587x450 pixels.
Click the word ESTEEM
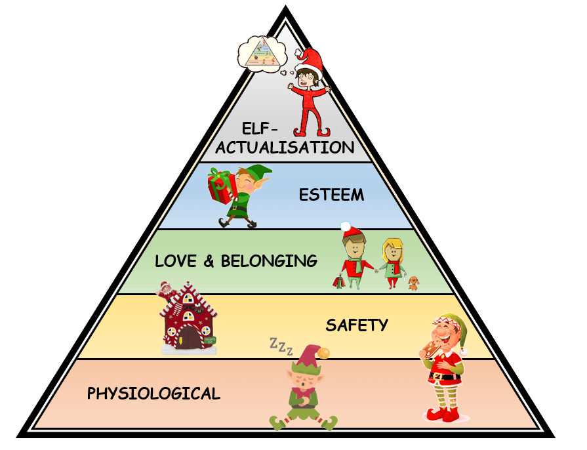pos(331,195)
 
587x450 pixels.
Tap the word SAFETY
pos(357,325)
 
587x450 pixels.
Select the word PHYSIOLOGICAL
pos(153,394)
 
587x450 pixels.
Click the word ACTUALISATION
pos(285,147)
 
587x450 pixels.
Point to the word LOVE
pos(176,261)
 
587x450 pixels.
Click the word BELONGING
pos(269,261)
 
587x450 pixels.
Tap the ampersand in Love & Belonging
pos(209,261)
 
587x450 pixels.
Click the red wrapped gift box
pos(222,186)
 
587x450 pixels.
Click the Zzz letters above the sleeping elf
pos(281,346)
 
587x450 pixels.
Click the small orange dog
pos(413,283)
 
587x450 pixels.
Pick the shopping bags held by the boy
pos(339,282)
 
